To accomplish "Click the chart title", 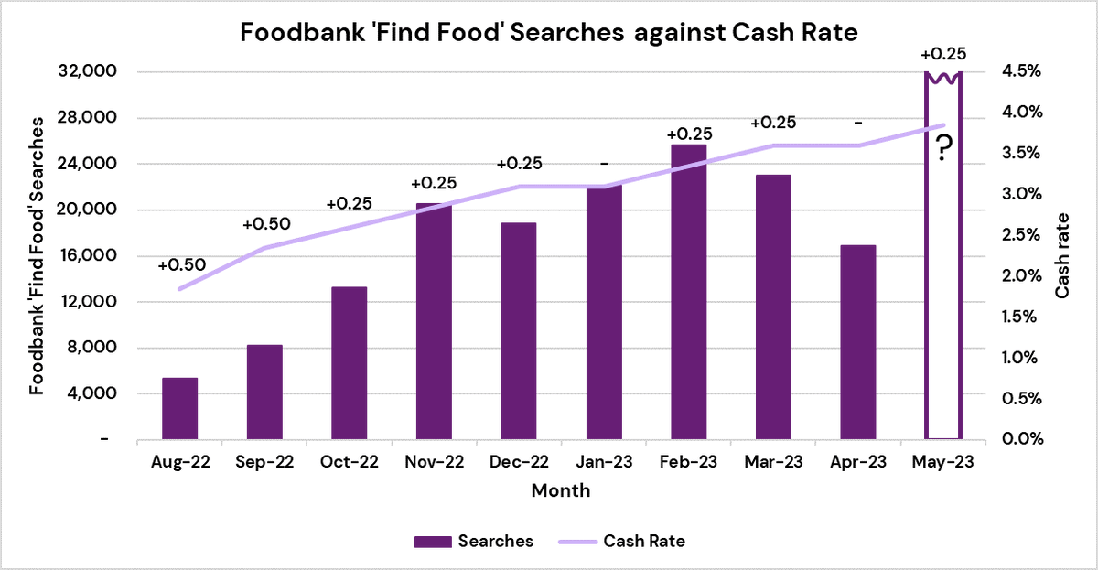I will point(549,33).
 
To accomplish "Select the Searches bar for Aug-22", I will point(179,409).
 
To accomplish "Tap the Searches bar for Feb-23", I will point(688,292).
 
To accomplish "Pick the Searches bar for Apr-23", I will point(857,342).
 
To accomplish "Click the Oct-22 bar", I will point(349,363).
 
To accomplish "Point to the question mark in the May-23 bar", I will point(942,147).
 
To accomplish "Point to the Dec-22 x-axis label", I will point(518,463).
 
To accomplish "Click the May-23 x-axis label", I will point(942,463).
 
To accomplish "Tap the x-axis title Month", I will point(561,491).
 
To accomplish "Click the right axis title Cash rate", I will point(1063,256).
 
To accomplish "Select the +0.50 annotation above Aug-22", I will point(181,265).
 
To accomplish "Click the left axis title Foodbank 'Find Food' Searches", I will point(37,256).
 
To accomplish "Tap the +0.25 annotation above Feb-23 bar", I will point(689,134).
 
